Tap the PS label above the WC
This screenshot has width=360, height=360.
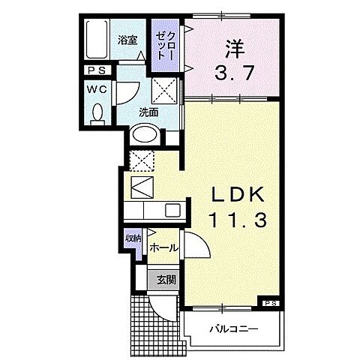(97, 72)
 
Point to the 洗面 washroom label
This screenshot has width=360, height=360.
(148, 112)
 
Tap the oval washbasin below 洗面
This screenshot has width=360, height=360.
(144, 136)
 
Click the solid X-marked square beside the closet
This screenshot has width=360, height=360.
(164, 92)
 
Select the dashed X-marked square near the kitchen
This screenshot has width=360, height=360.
(140, 159)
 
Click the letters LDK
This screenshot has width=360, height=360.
(233, 195)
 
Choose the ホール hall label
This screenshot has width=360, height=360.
(163, 247)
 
